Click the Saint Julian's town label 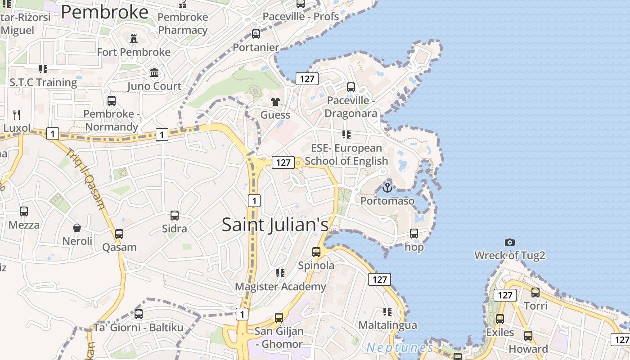pyautogui.click(x=275, y=225)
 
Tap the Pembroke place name pyautogui.click(x=104, y=12)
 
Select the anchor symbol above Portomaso pyautogui.click(x=387, y=187)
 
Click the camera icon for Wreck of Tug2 pyautogui.click(x=509, y=242)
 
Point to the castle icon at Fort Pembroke pyautogui.click(x=134, y=39)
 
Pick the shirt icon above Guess pyautogui.click(x=275, y=102)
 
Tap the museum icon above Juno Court pyautogui.click(x=154, y=72)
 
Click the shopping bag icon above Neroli pyautogui.click(x=77, y=228)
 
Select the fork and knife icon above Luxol pyautogui.click(x=17, y=114)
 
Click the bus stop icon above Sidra pyautogui.click(x=175, y=216)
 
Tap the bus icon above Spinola pyautogui.click(x=316, y=252)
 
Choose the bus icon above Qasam pyautogui.click(x=119, y=234)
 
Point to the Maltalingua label pyautogui.click(x=387, y=325)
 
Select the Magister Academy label pyautogui.click(x=280, y=287)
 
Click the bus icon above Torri pyautogui.click(x=535, y=292)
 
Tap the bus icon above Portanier pyautogui.click(x=256, y=34)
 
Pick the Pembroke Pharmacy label pyautogui.click(x=183, y=24)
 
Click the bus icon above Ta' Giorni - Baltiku pyautogui.click(x=139, y=314)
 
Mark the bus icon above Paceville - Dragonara pyautogui.click(x=351, y=87)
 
